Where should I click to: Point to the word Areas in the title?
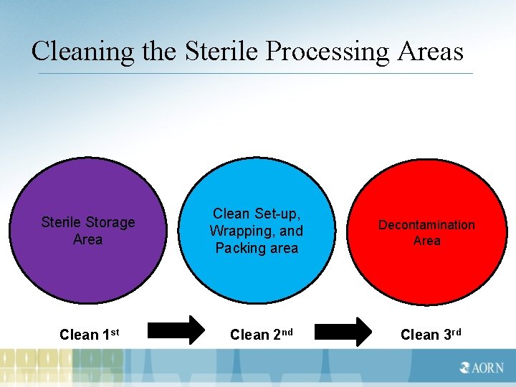[429, 51]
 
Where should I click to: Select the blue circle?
[257, 276]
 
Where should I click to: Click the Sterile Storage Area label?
[88, 231]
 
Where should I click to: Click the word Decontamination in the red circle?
[426, 225]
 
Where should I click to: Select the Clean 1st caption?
[90, 335]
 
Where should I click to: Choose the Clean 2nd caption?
[262, 335]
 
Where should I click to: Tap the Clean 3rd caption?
[430, 335]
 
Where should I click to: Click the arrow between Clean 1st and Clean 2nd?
[176, 330]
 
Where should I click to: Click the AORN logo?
[482, 368]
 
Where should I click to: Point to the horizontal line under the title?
[255, 73]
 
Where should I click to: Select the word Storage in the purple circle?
[110, 222]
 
